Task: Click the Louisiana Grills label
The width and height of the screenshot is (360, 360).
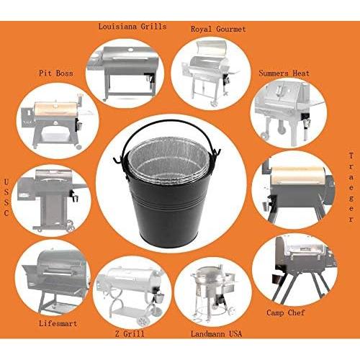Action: pos(132,27)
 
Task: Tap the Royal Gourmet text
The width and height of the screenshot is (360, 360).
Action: pos(218,29)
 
